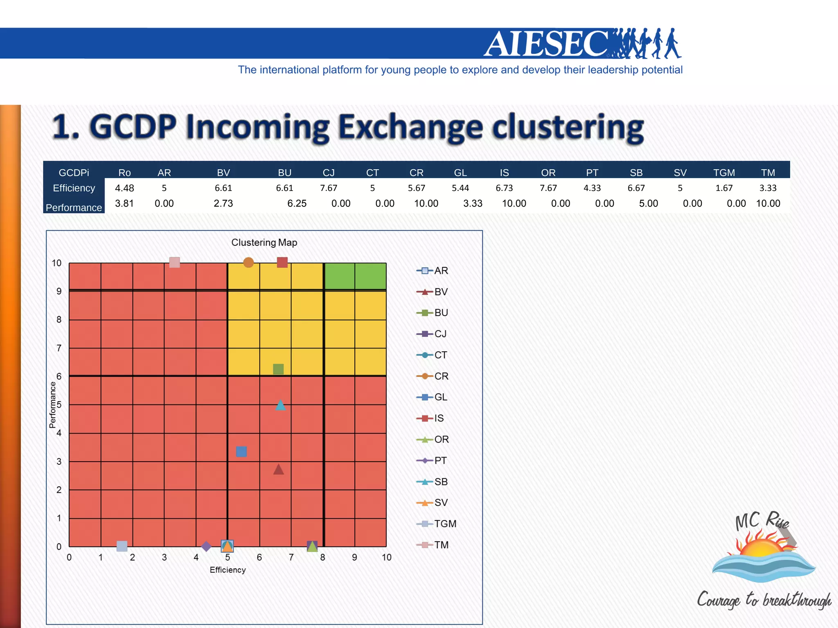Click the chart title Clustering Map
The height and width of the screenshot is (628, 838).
click(264, 242)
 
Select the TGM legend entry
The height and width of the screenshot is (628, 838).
click(445, 524)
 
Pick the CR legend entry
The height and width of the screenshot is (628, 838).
click(441, 376)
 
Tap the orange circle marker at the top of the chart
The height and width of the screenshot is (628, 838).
click(248, 262)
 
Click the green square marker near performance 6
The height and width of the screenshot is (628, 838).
click(278, 369)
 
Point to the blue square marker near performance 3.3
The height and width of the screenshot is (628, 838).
click(241, 451)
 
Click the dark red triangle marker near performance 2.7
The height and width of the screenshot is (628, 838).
click(279, 470)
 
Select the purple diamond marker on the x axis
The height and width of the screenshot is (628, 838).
click(206, 546)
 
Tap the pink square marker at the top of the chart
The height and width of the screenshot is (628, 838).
click(175, 262)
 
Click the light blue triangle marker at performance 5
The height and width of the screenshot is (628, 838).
click(280, 405)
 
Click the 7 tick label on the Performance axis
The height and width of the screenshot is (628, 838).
click(59, 348)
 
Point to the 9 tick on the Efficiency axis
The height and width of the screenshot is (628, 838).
click(354, 557)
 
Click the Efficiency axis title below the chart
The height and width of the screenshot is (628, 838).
click(228, 570)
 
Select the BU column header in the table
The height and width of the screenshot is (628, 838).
click(284, 173)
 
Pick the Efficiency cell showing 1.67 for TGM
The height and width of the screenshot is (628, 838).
click(724, 188)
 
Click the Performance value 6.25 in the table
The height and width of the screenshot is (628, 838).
click(297, 204)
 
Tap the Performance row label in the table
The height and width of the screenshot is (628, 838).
click(74, 208)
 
